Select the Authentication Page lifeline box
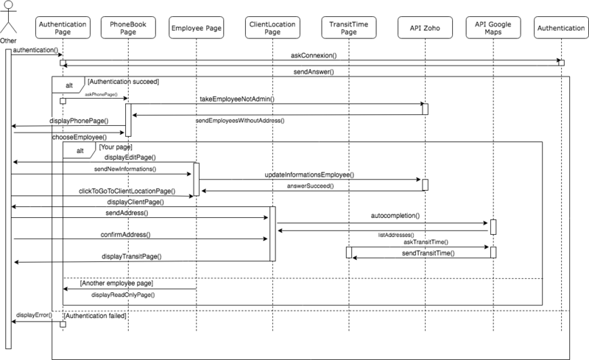tap(63, 27)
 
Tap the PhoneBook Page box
tap(128, 27)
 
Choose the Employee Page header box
tap(197, 27)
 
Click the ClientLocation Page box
tap(272, 27)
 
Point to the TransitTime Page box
tap(348, 27)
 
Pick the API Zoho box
tap(425, 27)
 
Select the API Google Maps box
tap(493, 27)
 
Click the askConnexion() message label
tap(314, 56)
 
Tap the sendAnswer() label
tap(314, 71)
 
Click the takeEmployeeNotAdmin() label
tap(237, 99)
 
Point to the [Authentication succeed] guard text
tap(123, 82)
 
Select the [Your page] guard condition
tap(116, 147)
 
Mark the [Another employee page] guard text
tap(116, 283)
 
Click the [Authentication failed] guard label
tap(95, 316)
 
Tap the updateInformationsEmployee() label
tap(309, 174)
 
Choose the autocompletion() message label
tap(395, 216)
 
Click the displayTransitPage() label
tap(132, 256)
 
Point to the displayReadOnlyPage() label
tap(123, 295)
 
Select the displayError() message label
tap(34, 315)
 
